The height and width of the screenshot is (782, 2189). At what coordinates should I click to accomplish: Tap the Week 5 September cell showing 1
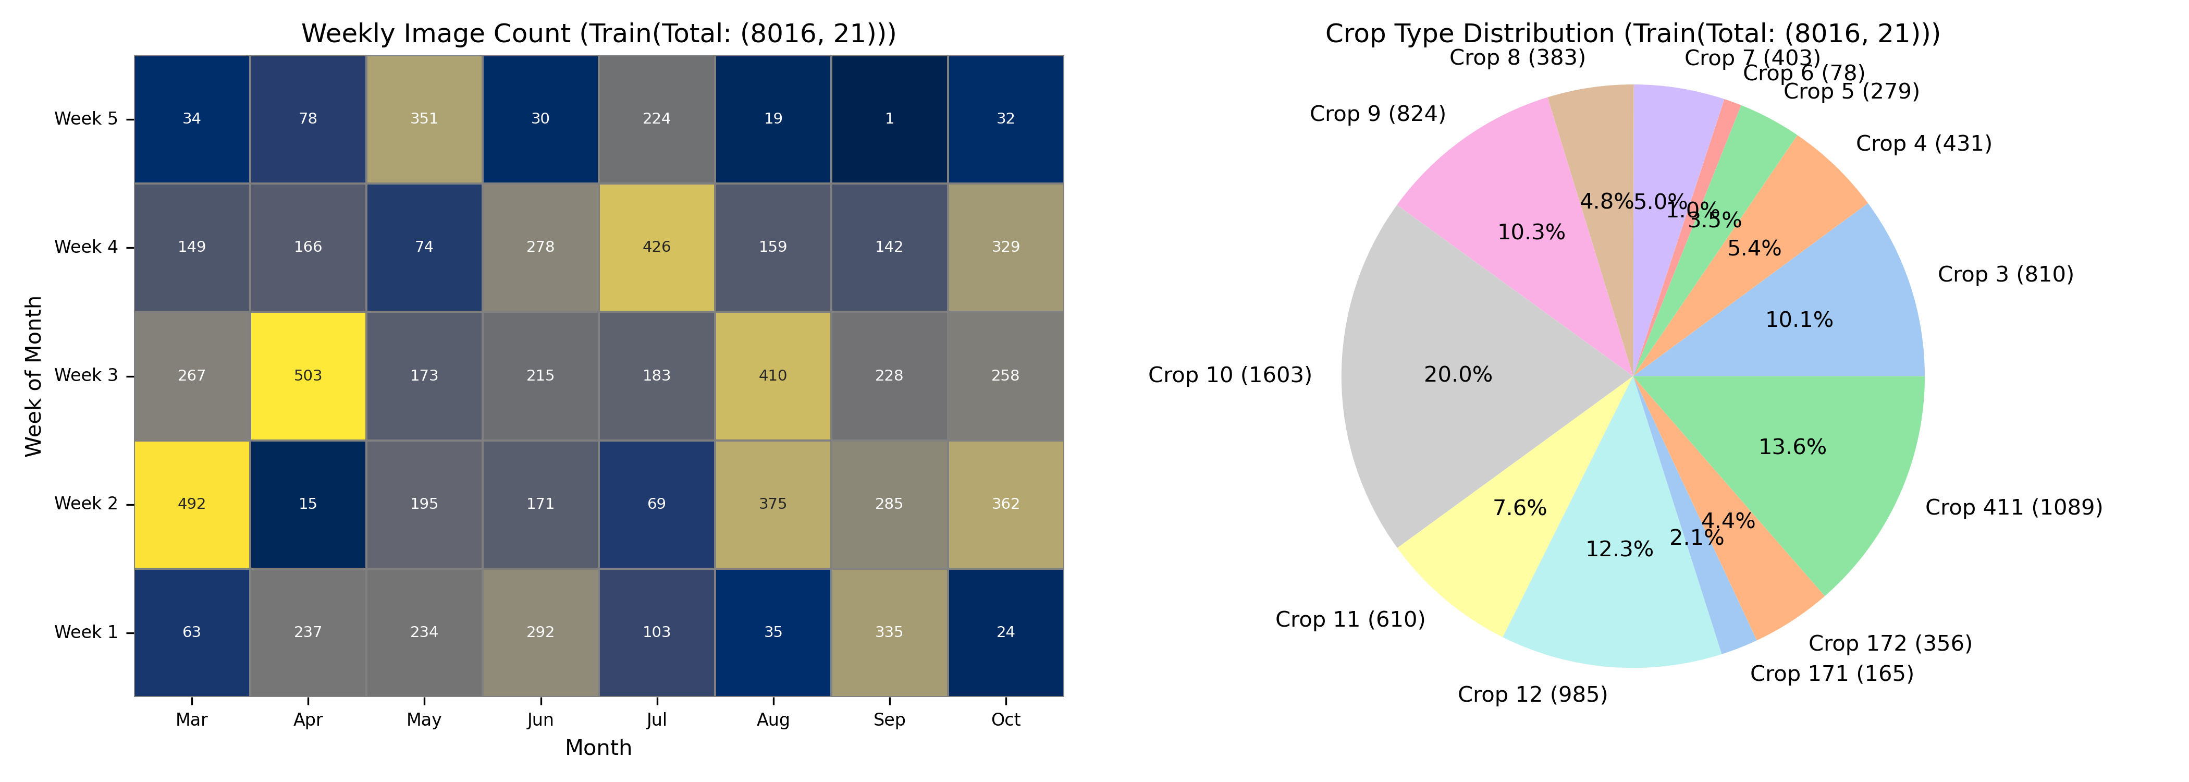[889, 119]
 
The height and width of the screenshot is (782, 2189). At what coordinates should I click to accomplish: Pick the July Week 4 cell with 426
[656, 247]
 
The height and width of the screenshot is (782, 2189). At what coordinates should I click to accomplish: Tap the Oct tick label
[1005, 720]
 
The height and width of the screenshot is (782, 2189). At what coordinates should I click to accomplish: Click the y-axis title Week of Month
[34, 376]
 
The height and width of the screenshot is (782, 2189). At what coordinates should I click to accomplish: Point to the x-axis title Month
[598, 748]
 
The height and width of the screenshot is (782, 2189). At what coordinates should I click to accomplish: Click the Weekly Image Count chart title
[598, 34]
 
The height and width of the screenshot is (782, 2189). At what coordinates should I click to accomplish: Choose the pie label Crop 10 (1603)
[1229, 375]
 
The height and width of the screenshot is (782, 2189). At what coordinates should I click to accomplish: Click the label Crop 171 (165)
[1831, 674]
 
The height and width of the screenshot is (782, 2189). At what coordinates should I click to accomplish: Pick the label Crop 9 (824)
[1378, 114]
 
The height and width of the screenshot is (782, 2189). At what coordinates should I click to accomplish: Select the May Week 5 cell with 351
[424, 119]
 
